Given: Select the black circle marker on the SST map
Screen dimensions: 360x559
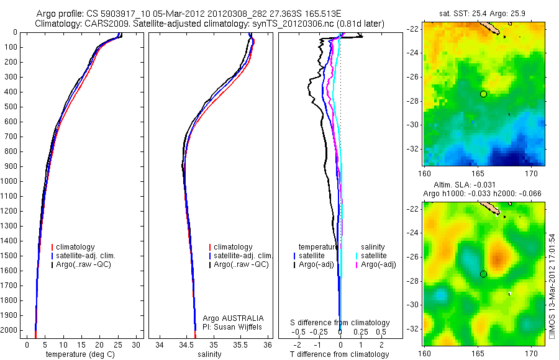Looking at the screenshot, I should click(x=483, y=94).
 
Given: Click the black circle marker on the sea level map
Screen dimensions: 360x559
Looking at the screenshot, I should click(x=483, y=274).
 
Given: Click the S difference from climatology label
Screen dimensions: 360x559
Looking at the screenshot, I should click(x=340, y=323).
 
